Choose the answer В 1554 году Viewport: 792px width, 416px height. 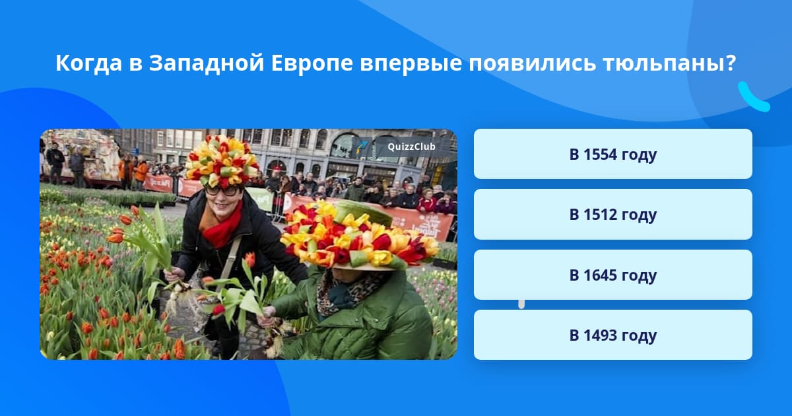coord(612,154)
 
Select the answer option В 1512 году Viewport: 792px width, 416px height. coord(612,215)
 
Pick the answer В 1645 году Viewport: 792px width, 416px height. coord(612,275)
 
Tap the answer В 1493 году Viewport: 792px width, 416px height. coord(612,335)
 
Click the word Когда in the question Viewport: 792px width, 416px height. coord(88,63)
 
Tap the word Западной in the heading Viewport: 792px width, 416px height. coord(207,63)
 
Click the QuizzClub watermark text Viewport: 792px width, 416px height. coord(411,147)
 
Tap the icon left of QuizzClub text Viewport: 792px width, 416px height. coord(361,147)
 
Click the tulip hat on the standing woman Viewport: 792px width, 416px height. coord(221,161)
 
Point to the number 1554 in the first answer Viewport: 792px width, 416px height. coord(600,154)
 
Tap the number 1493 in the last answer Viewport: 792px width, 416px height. coord(600,335)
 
